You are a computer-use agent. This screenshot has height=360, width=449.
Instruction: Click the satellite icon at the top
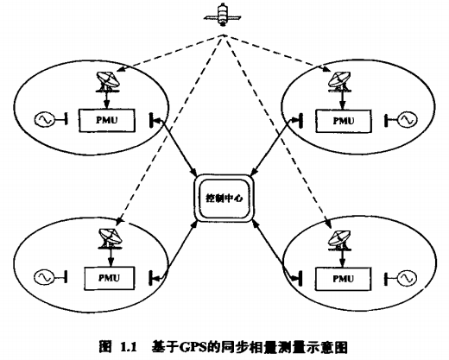click(223, 15)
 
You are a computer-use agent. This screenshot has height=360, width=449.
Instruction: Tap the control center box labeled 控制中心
click(224, 198)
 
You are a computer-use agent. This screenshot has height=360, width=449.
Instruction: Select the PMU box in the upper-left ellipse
click(107, 120)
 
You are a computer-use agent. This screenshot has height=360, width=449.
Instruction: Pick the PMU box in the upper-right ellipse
click(344, 121)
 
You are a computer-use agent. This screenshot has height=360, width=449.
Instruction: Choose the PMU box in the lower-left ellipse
click(110, 278)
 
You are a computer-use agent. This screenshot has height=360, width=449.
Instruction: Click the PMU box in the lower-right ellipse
click(343, 279)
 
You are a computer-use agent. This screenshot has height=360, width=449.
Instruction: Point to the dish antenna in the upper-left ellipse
click(107, 82)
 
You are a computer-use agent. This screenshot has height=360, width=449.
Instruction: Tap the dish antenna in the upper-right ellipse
click(339, 82)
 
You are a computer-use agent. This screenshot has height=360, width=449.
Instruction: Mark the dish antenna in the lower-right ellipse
click(340, 240)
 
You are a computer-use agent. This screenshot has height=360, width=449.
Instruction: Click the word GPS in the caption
click(192, 347)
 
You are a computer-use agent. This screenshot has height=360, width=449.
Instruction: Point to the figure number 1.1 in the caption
click(128, 347)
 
